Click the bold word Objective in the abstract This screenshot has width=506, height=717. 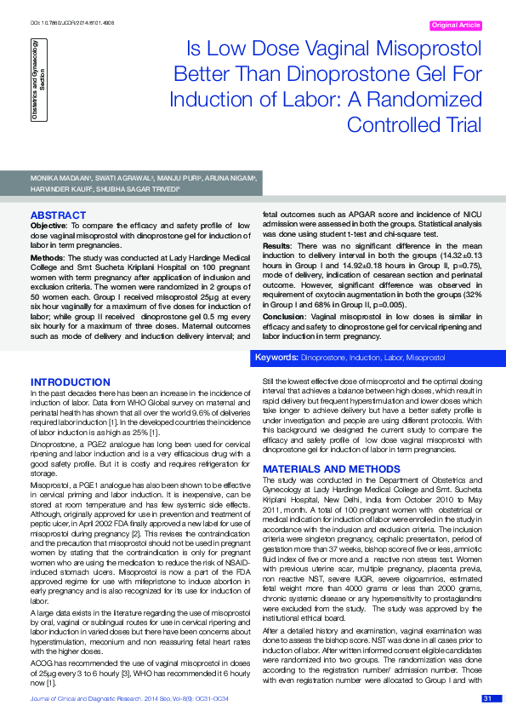point(48,226)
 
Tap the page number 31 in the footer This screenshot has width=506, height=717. point(487,700)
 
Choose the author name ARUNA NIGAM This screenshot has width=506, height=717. point(234,180)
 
